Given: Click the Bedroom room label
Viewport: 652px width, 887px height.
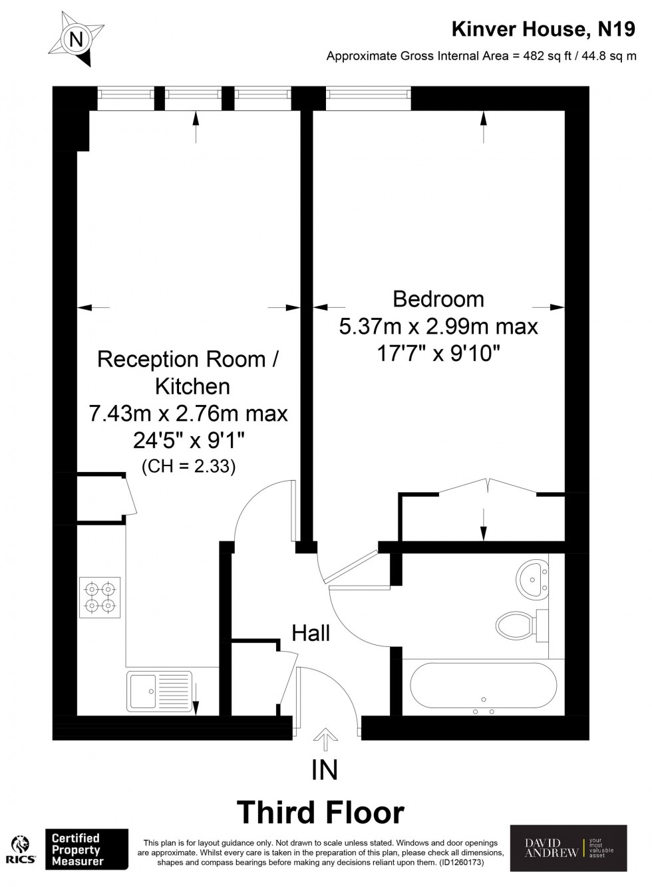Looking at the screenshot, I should [x=438, y=299].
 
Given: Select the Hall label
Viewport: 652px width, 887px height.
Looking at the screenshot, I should [x=311, y=633].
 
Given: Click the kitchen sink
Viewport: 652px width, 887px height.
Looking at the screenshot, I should [x=160, y=691].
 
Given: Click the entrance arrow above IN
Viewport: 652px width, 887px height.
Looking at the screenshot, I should [x=325, y=739].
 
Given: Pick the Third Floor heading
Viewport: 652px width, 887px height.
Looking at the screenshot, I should [x=321, y=812].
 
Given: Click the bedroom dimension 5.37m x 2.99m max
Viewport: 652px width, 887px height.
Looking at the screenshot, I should [x=438, y=326].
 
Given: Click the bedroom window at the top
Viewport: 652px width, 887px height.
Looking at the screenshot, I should [x=368, y=100].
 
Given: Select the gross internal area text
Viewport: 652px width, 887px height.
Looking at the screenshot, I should [x=481, y=57].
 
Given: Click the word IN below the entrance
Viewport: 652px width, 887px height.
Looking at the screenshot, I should [x=325, y=770].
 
